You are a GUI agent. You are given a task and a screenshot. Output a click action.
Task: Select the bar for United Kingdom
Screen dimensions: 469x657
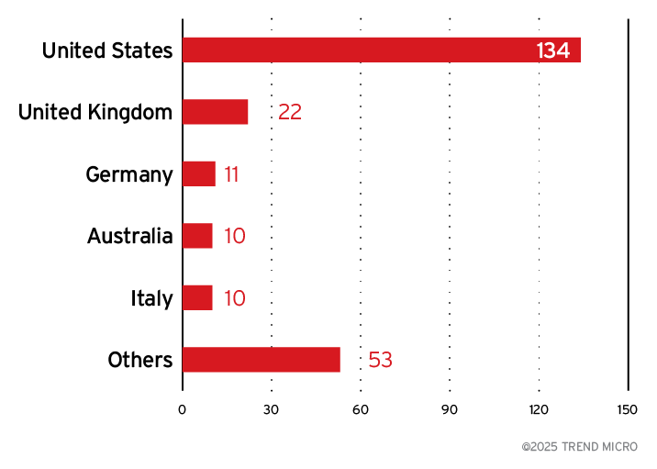[x=216, y=112]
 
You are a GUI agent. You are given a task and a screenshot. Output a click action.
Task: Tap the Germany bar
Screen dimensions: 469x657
[x=199, y=174]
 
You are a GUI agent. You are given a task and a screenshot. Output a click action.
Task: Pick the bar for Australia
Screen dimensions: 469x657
[x=197, y=236]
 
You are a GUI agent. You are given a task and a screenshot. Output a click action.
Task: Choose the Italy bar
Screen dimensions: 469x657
[x=197, y=297]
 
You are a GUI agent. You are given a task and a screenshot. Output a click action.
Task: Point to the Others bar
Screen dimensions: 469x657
[x=262, y=360]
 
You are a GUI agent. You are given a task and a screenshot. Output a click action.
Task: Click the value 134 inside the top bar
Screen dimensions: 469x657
[x=553, y=50]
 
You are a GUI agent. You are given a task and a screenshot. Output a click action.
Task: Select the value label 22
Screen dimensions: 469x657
[x=290, y=112]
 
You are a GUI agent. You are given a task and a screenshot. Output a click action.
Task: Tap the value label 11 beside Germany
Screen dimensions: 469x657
[x=231, y=174]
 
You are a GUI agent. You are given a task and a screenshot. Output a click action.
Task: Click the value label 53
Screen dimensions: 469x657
[x=380, y=360]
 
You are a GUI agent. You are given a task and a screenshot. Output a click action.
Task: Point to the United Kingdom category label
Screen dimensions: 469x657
[x=95, y=112]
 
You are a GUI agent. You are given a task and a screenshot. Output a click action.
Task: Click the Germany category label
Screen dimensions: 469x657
[x=129, y=174]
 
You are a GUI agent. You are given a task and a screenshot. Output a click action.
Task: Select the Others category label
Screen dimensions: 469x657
[x=140, y=360]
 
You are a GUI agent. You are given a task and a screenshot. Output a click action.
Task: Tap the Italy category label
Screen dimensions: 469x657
[x=151, y=298]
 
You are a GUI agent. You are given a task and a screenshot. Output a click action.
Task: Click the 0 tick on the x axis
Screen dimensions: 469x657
[x=182, y=409]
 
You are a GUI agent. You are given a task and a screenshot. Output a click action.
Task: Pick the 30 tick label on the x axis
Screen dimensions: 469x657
[x=271, y=409]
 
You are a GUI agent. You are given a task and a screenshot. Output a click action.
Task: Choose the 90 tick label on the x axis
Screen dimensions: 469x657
[x=450, y=409]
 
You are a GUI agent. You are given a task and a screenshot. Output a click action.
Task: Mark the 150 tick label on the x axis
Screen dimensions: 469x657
[x=628, y=409]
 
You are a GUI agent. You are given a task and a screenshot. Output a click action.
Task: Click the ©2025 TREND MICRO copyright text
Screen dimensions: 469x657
[x=579, y=447]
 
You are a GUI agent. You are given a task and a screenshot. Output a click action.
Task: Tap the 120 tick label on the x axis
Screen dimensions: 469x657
[x=539, y=409]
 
